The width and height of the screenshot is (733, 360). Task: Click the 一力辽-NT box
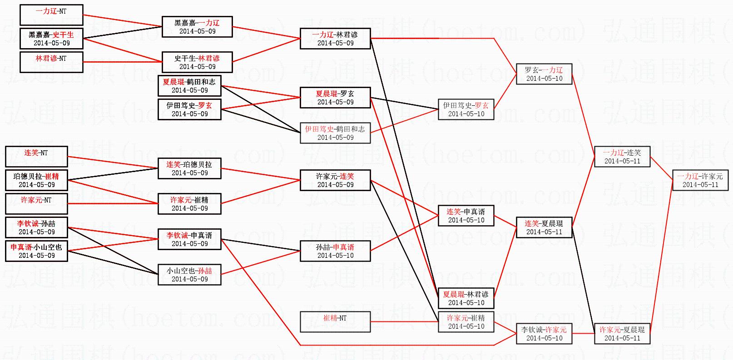point(51,15)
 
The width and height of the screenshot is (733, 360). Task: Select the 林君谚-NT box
point(51,62)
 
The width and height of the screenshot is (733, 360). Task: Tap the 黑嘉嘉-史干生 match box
point(51,39)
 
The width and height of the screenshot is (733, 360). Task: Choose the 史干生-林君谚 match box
point(197,62)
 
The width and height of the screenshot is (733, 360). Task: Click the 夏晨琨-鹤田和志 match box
point(189,86)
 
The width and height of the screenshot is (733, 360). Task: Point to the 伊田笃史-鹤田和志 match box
point(335,133)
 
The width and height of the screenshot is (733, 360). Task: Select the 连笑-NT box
point(36,157)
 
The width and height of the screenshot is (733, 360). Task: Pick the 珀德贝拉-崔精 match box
point(36,180)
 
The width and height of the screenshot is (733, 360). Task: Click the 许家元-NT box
point(36,204)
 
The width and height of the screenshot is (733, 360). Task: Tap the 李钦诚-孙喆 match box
point(36,227)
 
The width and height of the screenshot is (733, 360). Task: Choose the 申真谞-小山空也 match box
point(36,251)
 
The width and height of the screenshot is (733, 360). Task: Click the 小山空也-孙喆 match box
point(189,275)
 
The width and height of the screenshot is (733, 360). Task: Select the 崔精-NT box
point(335,322)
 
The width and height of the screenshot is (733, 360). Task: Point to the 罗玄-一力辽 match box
point(544,74)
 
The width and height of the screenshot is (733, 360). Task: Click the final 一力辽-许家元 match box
point(700,180)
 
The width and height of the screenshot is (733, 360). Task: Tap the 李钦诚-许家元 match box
point(544,334)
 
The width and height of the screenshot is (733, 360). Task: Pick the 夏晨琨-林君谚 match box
point(466,298)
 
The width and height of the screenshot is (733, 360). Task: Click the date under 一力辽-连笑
point(622,161)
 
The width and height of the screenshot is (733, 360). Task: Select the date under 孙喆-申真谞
point(335,256)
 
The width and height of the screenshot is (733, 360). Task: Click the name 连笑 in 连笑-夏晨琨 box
point(532,223)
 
